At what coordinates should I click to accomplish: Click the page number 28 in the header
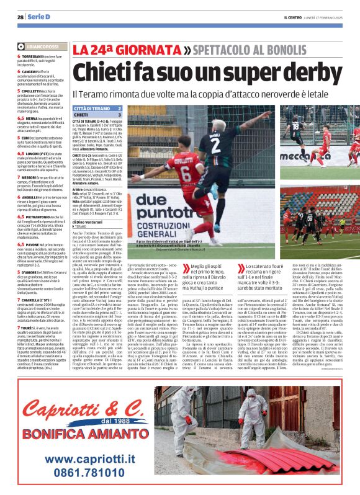coord(20,16)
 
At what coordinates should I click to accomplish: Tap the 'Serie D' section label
coord(39,16)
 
